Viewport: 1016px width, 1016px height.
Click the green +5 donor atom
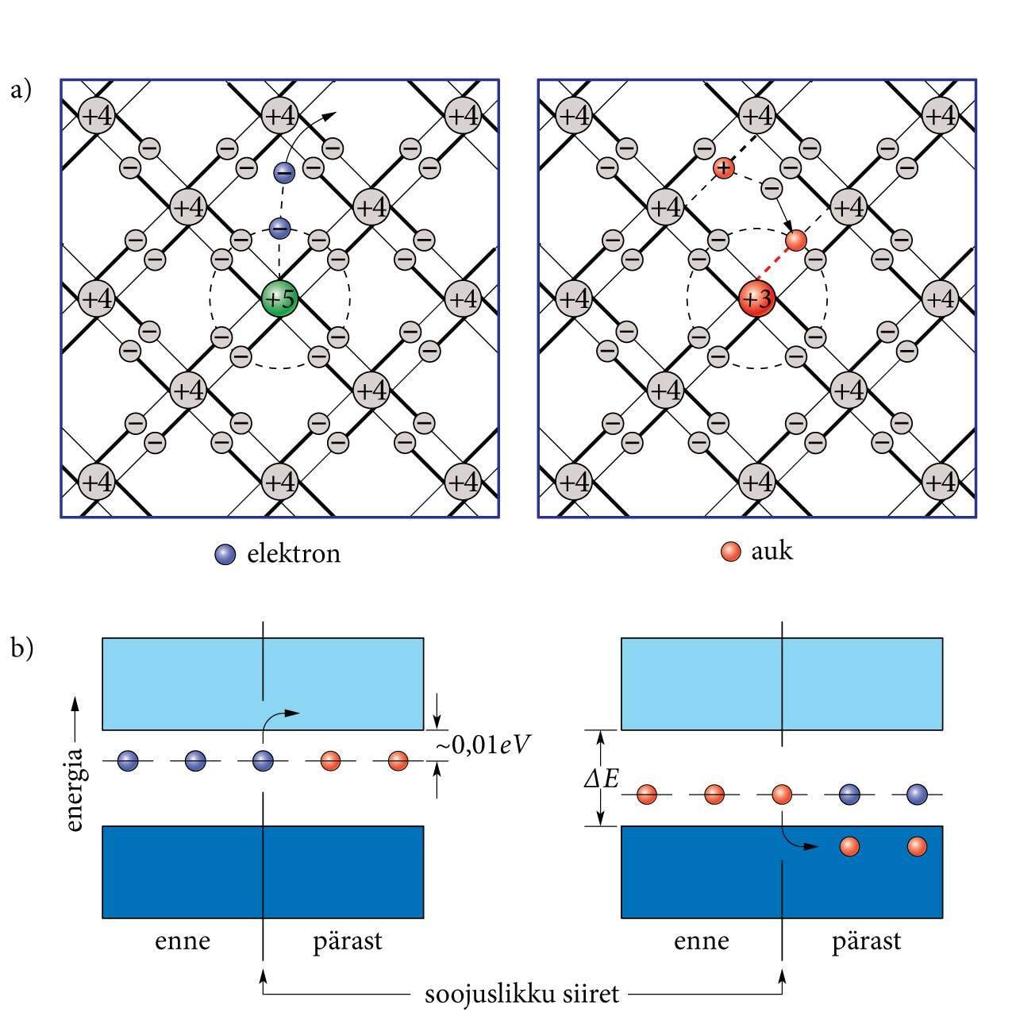click(x=279, y=299)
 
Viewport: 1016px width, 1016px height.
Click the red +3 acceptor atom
click(x=756, y=299)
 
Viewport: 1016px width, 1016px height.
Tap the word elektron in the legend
click(x=294, y=553)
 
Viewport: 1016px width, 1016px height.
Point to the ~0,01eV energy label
click(x=483, y=745)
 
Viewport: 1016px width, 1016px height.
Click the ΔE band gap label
click(x=601, y=779)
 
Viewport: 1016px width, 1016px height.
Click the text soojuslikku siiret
click(x=521, y=993)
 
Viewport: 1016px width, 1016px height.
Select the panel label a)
click(x=21, y=90)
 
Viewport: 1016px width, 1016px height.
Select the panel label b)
click(x=21, y=648)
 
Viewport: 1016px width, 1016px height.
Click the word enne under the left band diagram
click(x=183, y=941)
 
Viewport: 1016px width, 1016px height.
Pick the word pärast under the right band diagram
click(x=867, y=941)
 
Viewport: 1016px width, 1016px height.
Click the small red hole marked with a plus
click(x=722, y=167)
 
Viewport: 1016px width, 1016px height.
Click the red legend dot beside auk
click(x=731, y=552)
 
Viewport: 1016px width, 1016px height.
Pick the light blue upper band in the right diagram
click(x=782, y=683)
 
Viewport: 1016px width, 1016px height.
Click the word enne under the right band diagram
click(x=701, y=941)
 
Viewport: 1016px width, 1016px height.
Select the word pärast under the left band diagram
click(x=347, y=941)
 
